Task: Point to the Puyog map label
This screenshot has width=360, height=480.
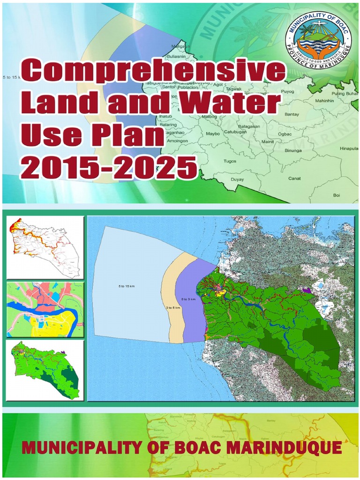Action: (x=287, y=91)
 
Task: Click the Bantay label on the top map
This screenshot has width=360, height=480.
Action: (x=292, y=114)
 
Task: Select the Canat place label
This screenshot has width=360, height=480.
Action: (x=294, y=178)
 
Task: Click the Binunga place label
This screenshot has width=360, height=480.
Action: (x=293, y=150)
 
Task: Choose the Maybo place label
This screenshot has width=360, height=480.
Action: (x=213, y=133)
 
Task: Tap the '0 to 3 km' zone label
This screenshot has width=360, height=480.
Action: (x=188, y=299)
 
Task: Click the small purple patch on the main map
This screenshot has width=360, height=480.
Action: (x=307, y=290)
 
